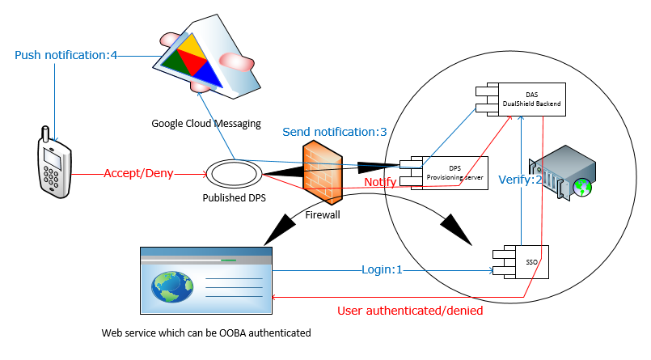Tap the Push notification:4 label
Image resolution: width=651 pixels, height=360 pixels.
(x=66, y=56)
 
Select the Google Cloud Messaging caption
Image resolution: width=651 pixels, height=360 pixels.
(x=206, y=124)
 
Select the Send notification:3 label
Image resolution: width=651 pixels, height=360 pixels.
(x=334, y=131)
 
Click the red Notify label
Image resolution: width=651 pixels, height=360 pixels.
(x=380, y=182)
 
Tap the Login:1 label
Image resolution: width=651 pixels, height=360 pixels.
(x=382, y=270)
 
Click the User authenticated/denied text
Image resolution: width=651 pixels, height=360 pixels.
(x=409, y=310)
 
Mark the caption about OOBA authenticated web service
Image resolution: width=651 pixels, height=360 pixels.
(x=205, y=332)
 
